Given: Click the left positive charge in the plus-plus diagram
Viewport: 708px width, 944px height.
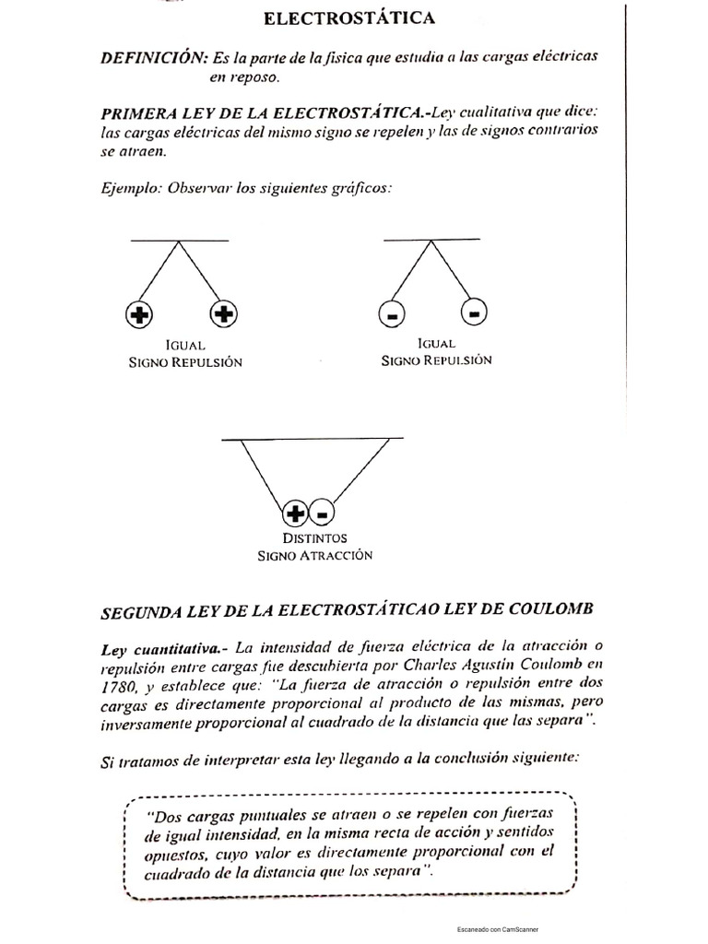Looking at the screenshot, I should [x=138, y=315].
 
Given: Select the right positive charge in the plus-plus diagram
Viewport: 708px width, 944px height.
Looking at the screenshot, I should [x=223, y=315].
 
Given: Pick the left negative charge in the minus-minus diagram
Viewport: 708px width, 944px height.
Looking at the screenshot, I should [x=391, y=315].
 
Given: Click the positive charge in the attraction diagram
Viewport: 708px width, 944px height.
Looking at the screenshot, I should [x=294, y=512].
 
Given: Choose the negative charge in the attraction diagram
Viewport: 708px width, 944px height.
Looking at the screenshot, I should [x=323, y=512].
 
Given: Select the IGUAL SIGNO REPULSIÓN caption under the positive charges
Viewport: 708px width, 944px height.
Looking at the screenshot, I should [x=185, y=353].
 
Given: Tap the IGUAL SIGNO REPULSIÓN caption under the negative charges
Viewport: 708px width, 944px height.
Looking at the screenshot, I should [x=436, y=351].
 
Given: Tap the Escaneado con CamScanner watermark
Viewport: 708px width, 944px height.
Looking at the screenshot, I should [x=497, y=929].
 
